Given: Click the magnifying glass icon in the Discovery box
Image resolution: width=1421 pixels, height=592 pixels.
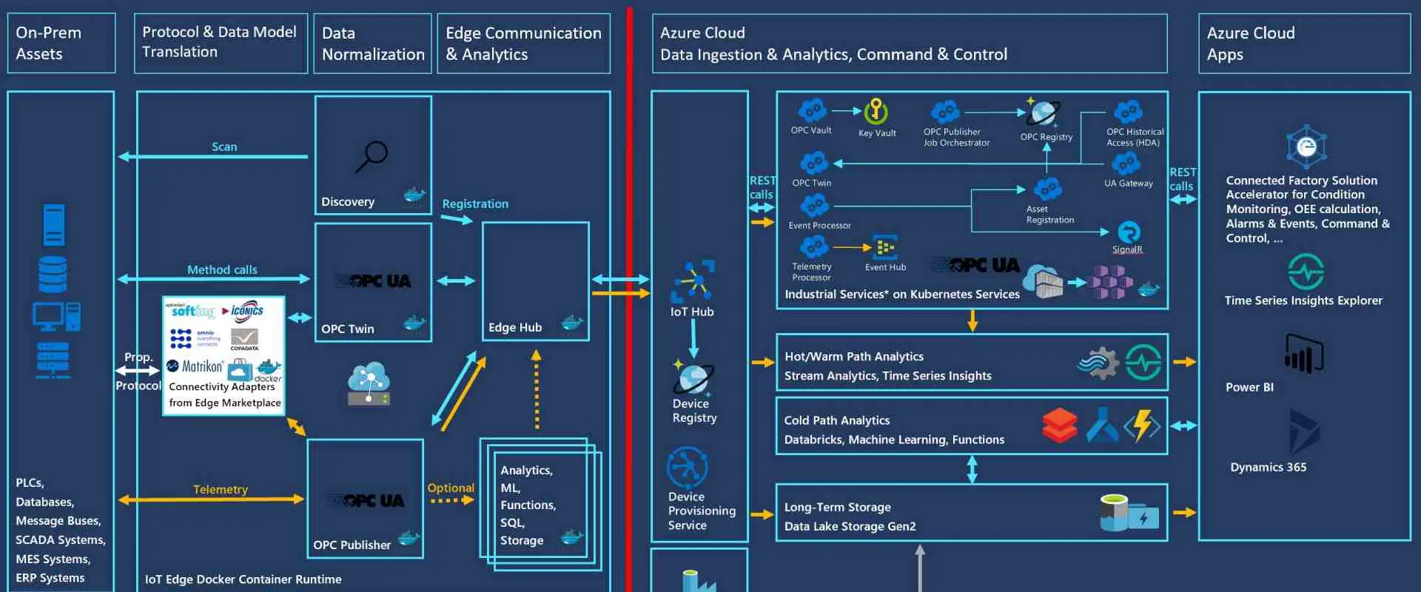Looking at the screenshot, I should [x=372, y=156].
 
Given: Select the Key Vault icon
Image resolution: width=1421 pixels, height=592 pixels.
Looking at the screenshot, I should [x=876, y=112].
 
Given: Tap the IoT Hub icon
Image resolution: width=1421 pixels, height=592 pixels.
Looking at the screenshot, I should [x=693, y=280].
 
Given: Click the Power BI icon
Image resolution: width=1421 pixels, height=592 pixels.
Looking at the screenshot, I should [x=1303, y=353].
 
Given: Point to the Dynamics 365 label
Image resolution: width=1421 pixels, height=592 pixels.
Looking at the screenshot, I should [x=1268, y=467].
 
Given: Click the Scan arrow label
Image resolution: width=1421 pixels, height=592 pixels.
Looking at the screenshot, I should [x=224, y=147].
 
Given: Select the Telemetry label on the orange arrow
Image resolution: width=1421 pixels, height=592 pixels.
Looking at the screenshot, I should [x=220, y=489].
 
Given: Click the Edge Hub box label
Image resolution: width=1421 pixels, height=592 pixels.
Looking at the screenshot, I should [x=515, y=327].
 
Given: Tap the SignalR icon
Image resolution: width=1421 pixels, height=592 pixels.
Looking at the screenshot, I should [x=1128, y=232].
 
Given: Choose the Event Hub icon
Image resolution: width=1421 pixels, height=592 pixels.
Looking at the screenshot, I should [x=884, y=247].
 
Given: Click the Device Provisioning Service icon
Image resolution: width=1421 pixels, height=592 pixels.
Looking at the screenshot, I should [x=687, y=467].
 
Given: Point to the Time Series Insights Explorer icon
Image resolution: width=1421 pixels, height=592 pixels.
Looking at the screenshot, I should [x=1306, y=272].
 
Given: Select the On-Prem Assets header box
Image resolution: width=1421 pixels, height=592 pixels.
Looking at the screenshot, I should [x=61, y=43].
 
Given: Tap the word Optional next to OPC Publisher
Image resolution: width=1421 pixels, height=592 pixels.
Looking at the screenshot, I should [x=450, y=488].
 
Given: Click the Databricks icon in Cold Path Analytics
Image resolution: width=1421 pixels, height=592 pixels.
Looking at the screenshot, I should [x=1059, y=425].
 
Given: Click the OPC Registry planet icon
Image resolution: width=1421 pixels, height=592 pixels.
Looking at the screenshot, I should [x=1044, y=112].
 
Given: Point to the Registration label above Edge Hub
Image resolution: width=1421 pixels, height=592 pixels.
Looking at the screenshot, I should [x=475, y=203].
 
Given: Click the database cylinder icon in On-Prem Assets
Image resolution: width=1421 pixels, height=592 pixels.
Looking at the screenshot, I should [x=53, y=274].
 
